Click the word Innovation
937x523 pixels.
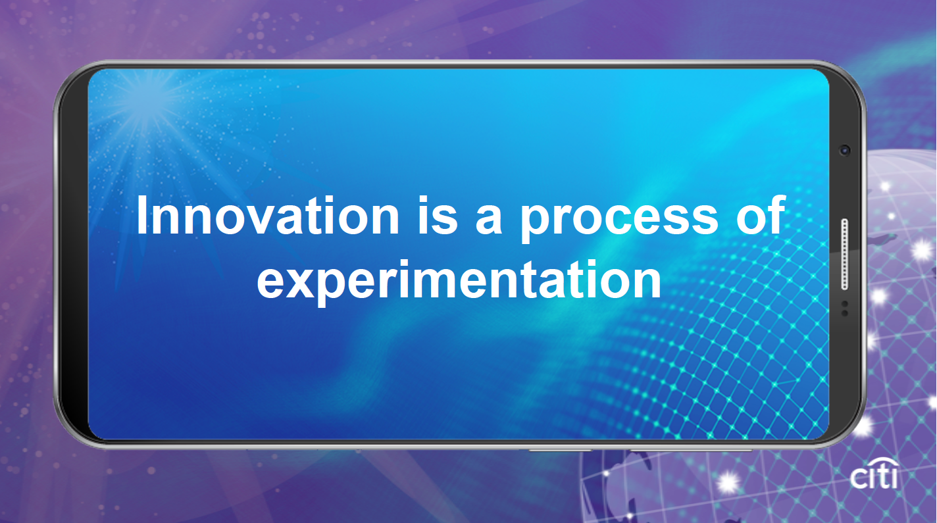tap(268, 215)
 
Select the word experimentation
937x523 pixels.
tap(459, 280)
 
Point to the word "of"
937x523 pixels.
tap(760, 214)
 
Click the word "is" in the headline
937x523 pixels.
tap(438, 215)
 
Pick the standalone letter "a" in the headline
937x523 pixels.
tap(489, 220)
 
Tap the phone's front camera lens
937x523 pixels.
tap(845, 150)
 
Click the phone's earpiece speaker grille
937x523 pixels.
tap(845, 254)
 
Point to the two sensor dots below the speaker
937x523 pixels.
tap(845, 308)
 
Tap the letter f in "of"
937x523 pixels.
tap(777, 214)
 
